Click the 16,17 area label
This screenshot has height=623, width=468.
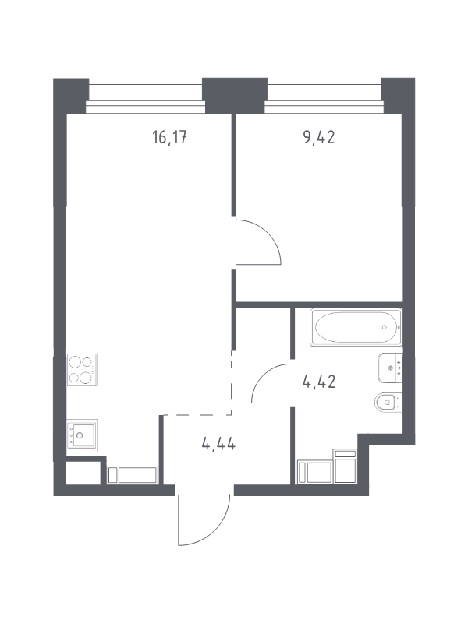pyautogui.click(x=169, y=138)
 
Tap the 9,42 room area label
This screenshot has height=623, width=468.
pyautogui.click(x=319, y=138)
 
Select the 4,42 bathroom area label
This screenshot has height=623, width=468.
pyautogui.click(x=319, y=382)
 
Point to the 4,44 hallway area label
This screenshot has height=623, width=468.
pyautogui.click(x=218, y=443)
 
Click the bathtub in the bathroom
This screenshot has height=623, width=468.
pyautogui.click(x=356, y=327)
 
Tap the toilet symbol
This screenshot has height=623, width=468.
pyautogui.click(x=388, y=403)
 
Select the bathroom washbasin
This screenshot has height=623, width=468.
pyautogui.click(x=390, y=368)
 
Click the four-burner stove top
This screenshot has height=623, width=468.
pyautogui.click(x=82, y=369)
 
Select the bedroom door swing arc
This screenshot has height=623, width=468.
pyautogui.click(x=271, y=232)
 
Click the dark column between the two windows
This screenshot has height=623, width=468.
pyautogui.click(x=235, y=95)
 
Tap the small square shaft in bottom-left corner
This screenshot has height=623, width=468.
pyautogui.click(x=83, y=473)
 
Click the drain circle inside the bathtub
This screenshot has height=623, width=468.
pyautogui.click(x=384, y=327)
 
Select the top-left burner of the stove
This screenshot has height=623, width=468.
pyautogui.click(x=75, y=362)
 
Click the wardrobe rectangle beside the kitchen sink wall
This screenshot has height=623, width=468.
pyautogui.click(x=132, y=475)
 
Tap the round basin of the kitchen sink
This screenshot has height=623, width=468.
pyautogui.click(x=80, y=435)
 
